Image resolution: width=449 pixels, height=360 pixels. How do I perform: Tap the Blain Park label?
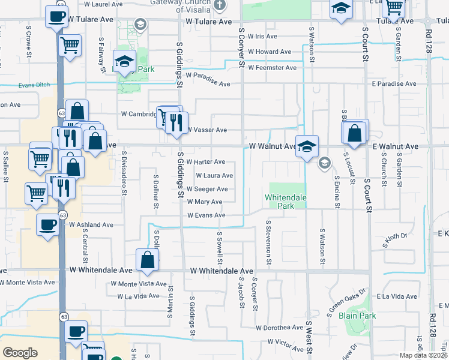[x=357, y=316]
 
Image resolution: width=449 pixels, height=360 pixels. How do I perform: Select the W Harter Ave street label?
[x=205, y=162]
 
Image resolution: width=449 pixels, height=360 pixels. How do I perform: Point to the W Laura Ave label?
[x=214, y=176]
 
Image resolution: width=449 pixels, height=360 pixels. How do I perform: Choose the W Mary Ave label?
[x=205, y=202]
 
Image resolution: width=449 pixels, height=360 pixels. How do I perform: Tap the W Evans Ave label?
[x=206, y=215]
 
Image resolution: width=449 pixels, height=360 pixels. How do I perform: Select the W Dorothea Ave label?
[x=280, y=328]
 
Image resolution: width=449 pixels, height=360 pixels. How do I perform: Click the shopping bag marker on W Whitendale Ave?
[x=147, y=260]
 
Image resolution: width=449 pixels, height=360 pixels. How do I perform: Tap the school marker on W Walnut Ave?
[x=307, y=146]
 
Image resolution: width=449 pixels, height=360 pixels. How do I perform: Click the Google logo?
[x=20, y=353]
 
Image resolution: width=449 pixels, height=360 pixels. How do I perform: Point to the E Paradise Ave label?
[x=394, y=84]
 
